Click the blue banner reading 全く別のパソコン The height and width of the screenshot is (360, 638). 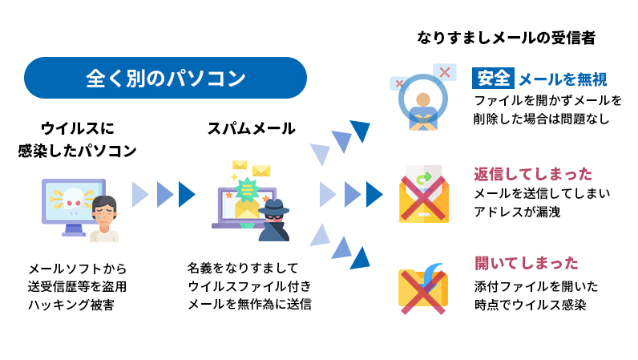(x=166, y=78)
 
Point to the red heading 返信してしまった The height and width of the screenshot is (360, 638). (x=533, y=174)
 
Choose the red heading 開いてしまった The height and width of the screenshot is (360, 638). (x=526, y=263)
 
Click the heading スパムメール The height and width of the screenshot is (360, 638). (x=251, y=128)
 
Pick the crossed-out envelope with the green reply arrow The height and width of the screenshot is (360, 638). (x=424, y=196)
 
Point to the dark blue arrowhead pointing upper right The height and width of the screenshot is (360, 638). (x=361, y=130)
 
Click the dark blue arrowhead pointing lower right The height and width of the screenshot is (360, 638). (x=361, y=257)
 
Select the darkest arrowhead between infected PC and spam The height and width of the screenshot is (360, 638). (x=188, y=194)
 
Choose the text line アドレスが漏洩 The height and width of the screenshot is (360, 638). (x=517, y=212)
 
